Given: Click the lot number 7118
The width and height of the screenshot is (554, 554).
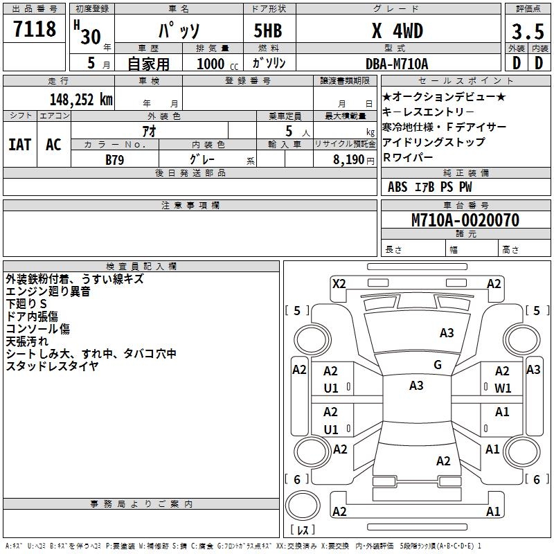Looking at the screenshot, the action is coord(35,29).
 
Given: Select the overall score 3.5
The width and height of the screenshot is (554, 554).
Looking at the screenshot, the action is coord(528,31).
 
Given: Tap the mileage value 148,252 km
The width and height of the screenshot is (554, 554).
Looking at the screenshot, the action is coord(81,100).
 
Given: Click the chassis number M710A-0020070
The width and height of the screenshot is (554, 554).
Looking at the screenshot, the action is coord(465,220).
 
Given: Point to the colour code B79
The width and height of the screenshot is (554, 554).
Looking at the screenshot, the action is coord(115,160).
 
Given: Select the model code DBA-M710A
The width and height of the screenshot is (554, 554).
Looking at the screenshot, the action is coord(397,64).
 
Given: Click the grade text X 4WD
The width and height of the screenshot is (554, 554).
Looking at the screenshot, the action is coord(397,31).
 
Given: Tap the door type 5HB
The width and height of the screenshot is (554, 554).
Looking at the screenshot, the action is coord(268,30).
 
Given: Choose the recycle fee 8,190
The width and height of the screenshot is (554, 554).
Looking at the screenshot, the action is coord(349,160).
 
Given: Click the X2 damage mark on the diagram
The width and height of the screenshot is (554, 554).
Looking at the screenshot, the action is coord(339,284).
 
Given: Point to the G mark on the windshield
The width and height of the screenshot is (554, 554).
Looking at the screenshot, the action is coord(438,365).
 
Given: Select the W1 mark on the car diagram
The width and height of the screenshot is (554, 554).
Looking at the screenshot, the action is coord(503,388).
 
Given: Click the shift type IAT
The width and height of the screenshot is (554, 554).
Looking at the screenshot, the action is coord(20,145).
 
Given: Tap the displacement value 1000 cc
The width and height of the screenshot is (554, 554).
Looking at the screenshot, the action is coord(217,64).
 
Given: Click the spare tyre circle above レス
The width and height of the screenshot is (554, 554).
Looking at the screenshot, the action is coord(303,506).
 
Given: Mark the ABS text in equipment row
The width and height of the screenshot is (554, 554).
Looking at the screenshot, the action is coord(397,187).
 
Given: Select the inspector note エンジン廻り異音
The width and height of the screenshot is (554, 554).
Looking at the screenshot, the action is coord(48,292).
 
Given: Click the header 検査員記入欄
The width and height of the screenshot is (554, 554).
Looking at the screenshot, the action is coord(141,267).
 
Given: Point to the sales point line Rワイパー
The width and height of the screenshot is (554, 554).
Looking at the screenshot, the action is coord(408,157).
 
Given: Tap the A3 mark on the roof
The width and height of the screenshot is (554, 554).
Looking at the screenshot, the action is coord(416,386).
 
